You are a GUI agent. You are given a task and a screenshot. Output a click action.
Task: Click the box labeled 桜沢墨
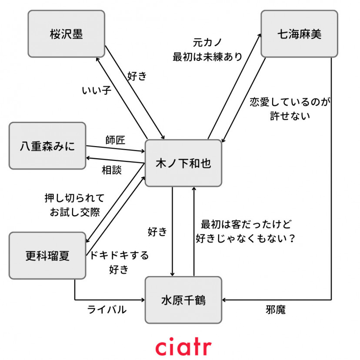click(x=66, y=34)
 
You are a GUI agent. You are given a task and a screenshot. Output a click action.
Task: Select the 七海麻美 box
click(x=299, y=34)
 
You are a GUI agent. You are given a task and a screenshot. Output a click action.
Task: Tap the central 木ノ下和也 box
click(x=183, y=163)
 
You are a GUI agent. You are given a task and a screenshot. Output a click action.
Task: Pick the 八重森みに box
click(x=47, y=146)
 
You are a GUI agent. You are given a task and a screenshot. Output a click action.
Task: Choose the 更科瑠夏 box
click(x=47, y=255)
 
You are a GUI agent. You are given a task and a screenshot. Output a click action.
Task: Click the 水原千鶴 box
click(x=183, y=300)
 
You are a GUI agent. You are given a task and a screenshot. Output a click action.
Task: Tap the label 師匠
click(x=115, y=140)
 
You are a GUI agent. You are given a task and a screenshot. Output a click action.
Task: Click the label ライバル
click(x=107, y=310)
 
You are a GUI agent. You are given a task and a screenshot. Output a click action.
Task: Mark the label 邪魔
click(x=276, y=310)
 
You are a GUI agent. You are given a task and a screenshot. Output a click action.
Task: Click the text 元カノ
click(x=207, y=43)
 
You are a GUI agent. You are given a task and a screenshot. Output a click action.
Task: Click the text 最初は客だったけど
click(x=246, y=225)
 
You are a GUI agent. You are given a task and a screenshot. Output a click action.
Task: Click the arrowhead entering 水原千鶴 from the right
click(x=225, y=300)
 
